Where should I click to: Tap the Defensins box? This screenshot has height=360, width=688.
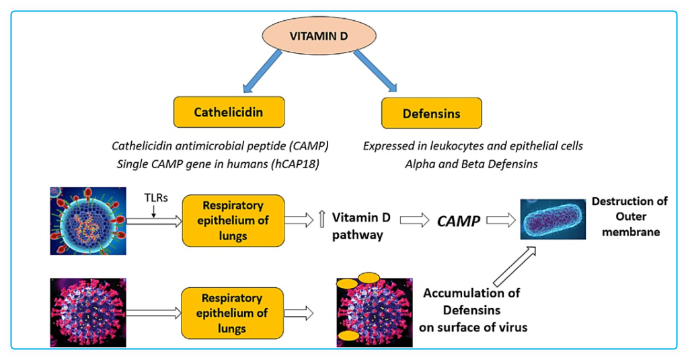pos(431,113)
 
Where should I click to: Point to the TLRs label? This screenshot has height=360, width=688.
pos(157,199)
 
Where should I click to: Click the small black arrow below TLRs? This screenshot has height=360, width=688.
pos(154,211)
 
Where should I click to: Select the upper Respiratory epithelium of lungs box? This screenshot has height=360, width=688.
pos(233,220)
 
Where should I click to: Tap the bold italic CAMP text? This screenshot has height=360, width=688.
pos(459,221)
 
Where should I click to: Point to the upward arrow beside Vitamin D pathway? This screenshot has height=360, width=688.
pos(321,219)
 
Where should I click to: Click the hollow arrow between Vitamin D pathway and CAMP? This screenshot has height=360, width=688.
pos(414,219)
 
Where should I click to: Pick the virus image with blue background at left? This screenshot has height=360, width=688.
pos(87,221)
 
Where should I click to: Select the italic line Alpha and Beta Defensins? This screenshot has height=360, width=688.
pos(450,164)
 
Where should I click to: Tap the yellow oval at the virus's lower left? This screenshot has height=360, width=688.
pos(348,334)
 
